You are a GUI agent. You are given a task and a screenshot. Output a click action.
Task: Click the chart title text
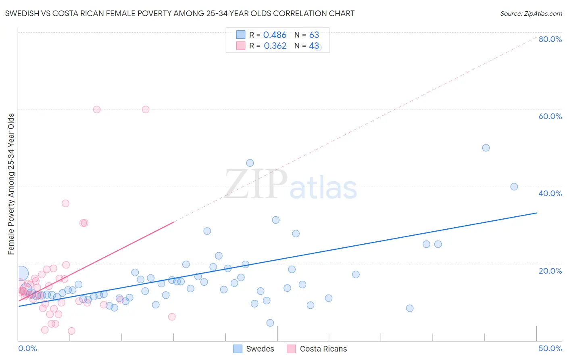point(180,13)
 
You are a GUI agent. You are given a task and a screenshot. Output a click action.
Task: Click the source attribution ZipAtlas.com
point(531,14)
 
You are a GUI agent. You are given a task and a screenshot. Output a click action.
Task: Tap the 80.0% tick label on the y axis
point(550,39)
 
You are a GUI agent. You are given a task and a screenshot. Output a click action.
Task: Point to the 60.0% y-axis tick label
point(550,116)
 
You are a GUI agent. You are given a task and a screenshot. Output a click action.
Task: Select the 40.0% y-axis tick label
point(550,193)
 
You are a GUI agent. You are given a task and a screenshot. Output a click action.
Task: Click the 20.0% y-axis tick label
point(550,271)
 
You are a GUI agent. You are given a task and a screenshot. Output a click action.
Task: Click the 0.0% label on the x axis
point(27,348)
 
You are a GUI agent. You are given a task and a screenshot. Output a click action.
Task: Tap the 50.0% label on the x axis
point(550,348)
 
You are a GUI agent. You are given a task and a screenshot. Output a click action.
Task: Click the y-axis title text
point(11,184)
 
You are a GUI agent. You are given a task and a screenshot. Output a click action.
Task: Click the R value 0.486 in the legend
point(275,35)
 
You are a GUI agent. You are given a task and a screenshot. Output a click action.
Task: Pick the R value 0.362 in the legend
point(275,46)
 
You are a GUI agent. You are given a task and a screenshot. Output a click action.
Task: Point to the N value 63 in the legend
point(314,35)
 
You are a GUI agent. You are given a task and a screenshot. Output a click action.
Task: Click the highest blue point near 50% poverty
point(486,148)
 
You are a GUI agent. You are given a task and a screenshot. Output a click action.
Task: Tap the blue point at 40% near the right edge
point(514,186)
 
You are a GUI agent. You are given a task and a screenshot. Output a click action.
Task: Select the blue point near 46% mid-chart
point(250,163)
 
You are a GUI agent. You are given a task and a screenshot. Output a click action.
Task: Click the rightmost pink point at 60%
point(146,109)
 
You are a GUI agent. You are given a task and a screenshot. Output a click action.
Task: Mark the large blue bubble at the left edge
point(21,273)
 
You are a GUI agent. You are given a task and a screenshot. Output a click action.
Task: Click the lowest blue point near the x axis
point(270,323)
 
